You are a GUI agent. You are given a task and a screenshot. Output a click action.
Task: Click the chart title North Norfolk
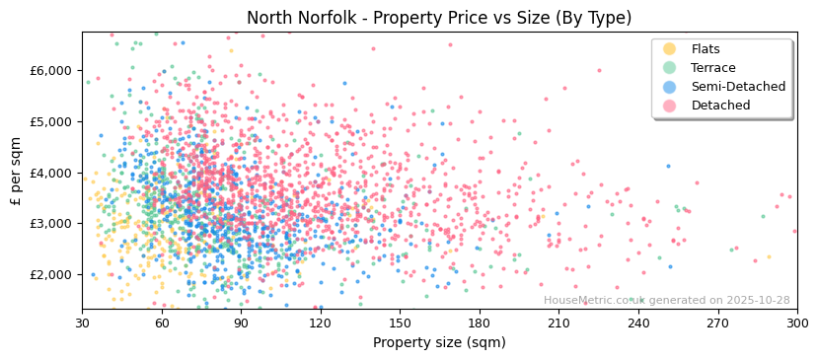[x=439, y=18]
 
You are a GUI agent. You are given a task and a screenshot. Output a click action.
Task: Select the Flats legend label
[x=706, y=49]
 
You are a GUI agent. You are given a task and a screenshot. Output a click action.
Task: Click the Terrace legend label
[x=711, y=68]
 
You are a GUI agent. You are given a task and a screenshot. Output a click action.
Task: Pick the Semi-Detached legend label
[x=738, y=87]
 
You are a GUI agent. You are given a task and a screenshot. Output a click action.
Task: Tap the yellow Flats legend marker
[x=670, y=49]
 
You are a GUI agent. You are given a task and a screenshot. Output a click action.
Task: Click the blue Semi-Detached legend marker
[x=670, y=87]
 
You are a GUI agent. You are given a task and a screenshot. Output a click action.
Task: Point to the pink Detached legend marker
[x=670, y=106]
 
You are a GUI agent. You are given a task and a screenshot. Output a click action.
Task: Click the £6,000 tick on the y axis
[x=52, y=70]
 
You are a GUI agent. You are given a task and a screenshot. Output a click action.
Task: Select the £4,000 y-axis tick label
[x=52, y=173]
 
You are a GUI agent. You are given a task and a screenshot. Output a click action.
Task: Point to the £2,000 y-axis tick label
[x=52, y=274]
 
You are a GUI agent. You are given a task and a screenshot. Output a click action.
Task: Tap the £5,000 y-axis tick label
[x=52, y=121]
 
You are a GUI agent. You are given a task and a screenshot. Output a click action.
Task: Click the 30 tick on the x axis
[x=82, y=324]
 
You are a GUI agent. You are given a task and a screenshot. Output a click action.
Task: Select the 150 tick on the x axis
[x=400, y=324]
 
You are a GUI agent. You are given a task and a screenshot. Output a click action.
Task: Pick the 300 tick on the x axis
[x=796, y=324]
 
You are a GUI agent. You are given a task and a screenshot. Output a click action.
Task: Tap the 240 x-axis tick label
[x=638, y=324]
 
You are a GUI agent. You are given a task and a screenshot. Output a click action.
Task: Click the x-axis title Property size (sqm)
[x=439, y=343]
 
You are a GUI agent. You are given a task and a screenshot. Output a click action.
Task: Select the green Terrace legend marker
[x=670, y=68]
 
